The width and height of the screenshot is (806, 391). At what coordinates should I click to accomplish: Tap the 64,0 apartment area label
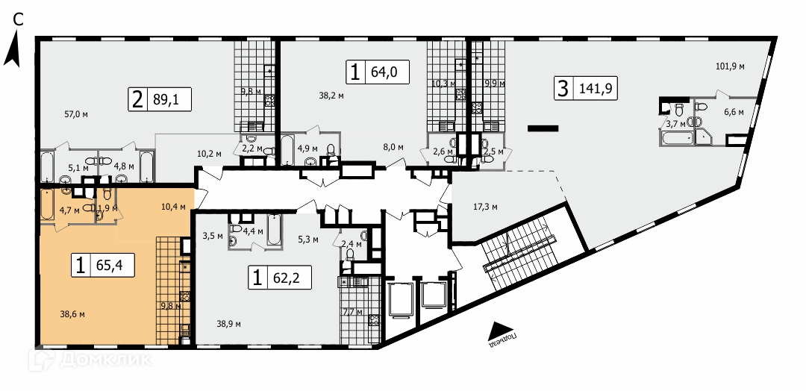pos(381,72)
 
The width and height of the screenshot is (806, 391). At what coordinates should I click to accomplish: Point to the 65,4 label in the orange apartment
pos(113,264)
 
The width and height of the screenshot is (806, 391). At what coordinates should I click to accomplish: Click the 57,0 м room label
pos(75,114)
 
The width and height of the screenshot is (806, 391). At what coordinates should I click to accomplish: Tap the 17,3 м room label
pos(486,206)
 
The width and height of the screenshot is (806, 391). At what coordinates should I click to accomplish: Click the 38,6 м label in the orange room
pos(72,315)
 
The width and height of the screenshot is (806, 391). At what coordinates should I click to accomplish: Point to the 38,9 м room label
pos(229,324)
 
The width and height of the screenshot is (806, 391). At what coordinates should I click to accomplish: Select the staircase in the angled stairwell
pos(520,251)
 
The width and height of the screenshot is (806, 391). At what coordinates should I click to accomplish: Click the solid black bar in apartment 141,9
pos(543,128)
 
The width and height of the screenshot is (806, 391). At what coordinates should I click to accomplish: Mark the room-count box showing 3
pos(562,89)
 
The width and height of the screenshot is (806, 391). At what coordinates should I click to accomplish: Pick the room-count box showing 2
pos(137,99)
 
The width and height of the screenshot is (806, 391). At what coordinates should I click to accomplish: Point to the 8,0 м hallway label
pos(393,147)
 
